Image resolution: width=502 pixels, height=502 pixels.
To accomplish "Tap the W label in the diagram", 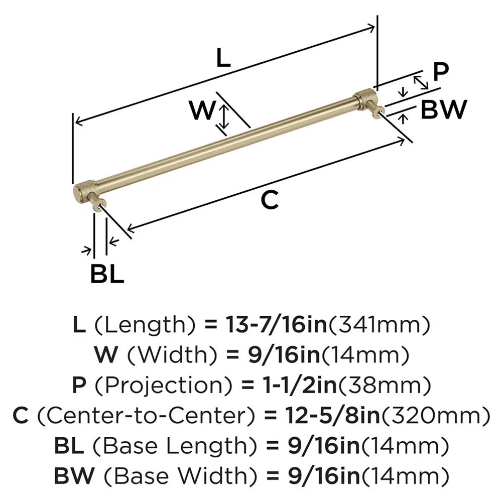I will coord(203,111).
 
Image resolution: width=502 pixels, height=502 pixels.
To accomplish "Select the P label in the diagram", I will coord(440,72).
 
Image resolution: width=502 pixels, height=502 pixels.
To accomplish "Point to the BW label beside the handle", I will coord(443,109).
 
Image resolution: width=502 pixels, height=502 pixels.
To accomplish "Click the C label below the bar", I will coord(270,200).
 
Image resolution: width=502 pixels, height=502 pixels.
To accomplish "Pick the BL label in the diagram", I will coord(107,274).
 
